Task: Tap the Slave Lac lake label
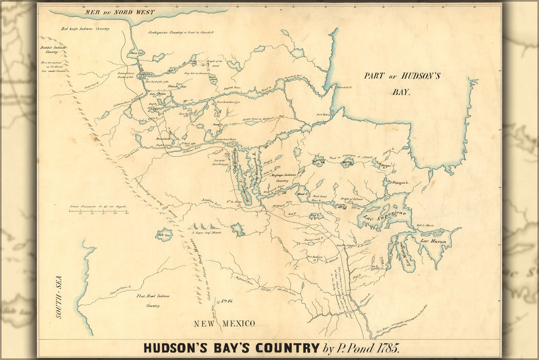click(x=136, y=52)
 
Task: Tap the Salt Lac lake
click(x=164, y=235)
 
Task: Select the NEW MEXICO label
click(x=224, y=323)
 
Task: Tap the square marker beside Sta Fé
click(x=218, y=302)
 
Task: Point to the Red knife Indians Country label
click(x=85, y=29)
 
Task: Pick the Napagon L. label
click(x=400, y=183)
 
